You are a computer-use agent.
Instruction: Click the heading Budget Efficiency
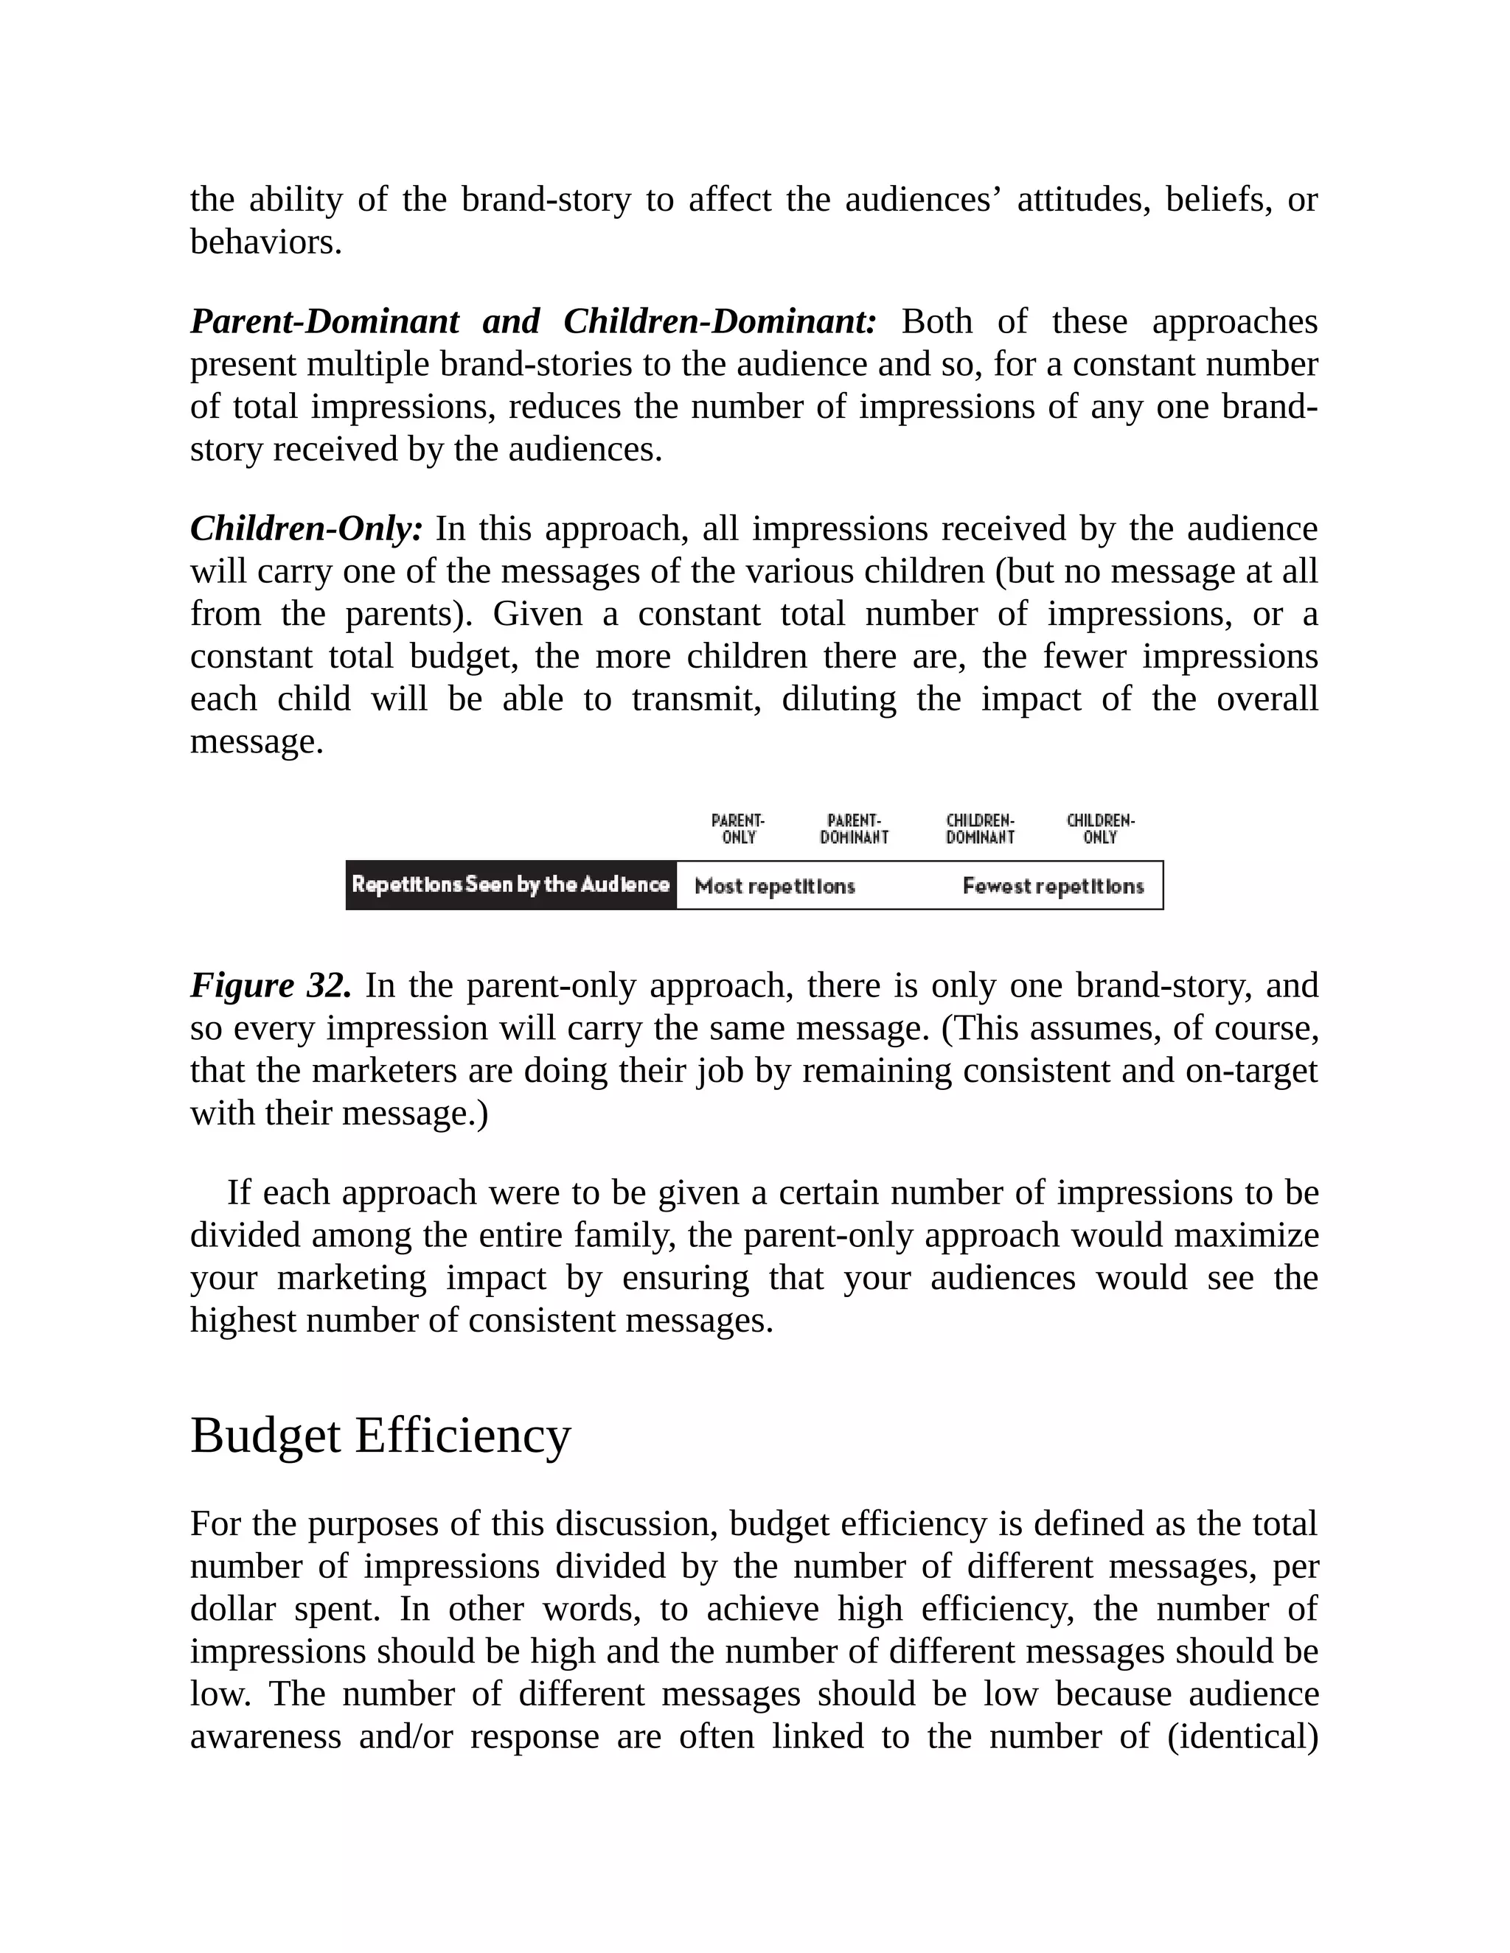click(x=380, y=1436)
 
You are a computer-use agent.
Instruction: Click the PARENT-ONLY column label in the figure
click(x=738, y=829)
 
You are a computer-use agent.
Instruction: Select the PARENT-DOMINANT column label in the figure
click(x=855, y=829)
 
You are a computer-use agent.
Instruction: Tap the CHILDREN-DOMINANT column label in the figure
click(x=981, y=829)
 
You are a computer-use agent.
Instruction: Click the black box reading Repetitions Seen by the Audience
click(x=511, y=885)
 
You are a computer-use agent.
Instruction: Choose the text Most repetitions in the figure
click(x=775, y=886)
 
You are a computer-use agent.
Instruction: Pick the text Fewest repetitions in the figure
click(x=1053, y=886)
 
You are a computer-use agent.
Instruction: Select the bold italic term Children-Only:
click(x=307, y=528)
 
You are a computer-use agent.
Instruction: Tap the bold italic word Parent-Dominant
click(x=324, y=321)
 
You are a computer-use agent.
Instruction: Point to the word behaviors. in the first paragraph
click(x=265, y=242)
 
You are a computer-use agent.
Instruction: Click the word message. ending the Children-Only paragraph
click(x=257, y=741)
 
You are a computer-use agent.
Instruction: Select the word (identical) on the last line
click(x=1242, y=1736)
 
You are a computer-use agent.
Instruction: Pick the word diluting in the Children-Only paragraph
click(x=838, y=699)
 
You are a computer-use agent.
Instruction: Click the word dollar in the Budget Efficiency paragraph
click(x=232, y=1609)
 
